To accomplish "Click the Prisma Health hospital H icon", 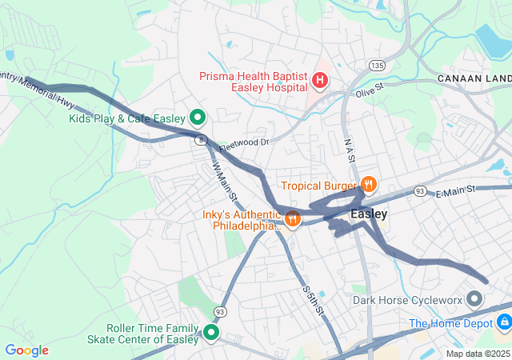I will [320, 80].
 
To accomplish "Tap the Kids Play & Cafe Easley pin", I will [198, 118].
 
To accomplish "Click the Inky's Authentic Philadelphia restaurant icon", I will [293, 218].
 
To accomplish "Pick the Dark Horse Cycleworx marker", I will [474, 301].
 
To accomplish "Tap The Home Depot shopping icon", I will [503, 322].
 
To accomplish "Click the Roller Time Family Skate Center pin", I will [212, 333].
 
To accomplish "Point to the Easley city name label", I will [369, 214].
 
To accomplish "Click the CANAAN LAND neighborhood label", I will [474, 78].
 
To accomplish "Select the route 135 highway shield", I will [377, 64].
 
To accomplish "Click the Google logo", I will [26, 350].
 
